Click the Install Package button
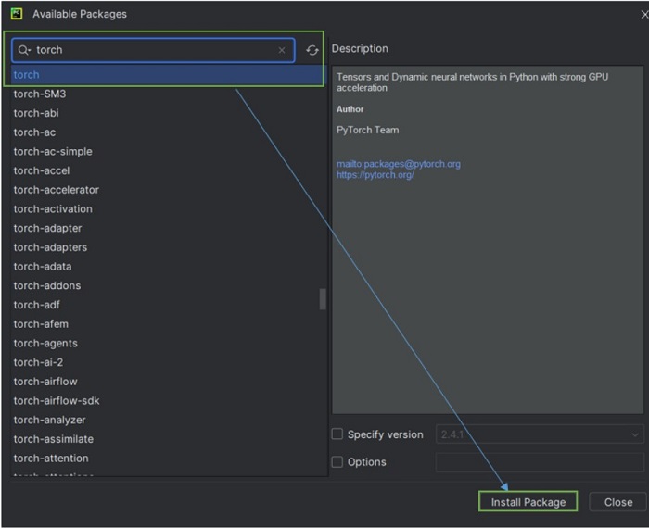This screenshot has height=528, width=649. click(x=528, y=502)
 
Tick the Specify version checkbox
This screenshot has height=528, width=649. click(x=337, y=434)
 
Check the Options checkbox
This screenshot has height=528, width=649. click(x=337, y=462)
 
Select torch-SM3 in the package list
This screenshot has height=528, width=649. click(x=39, y=94)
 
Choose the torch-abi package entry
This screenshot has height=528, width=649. click(x=36, y=113)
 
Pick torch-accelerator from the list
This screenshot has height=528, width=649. click(x=56, y=190)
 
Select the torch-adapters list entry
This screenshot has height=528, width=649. click(x=50, y=247)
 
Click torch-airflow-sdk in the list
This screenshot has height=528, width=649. click(x=56, y=401)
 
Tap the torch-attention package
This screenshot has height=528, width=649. click(x=51, y=459)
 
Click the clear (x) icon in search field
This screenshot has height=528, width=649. click(x=282, y=50)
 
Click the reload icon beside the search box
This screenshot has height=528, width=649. click(x=312, y=50)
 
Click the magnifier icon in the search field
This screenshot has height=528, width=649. click(x=24, y=50)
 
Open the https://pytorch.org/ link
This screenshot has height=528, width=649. click(x=375, y=175)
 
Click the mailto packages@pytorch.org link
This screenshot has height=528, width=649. click(x=398, y=164)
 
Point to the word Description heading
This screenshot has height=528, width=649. click(x=360, y=49)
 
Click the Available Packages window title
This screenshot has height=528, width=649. click(x=80, y=14)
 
